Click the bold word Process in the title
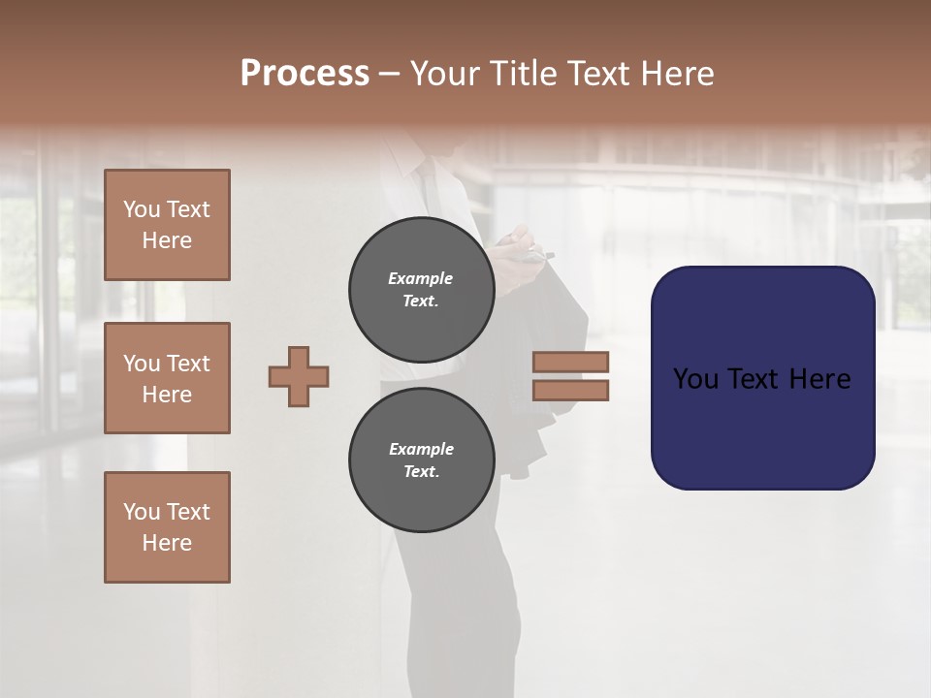pyautogui.click(x=305, y=74)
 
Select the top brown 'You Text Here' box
pyautogui.click(x=167, y=225)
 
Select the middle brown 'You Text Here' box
pyautogui.click(x=167, y=378)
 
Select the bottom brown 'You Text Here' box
pyautogui.click(x=167, y=527)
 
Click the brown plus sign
pyautogui.click(x=299, y=376)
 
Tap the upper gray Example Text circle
pyautogui.click(x=421, y=289)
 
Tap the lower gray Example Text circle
pyautogui.click(x=421, y=460)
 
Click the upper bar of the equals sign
pyautogui.click(x=570, y=362)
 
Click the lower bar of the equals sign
pyautogui.click(x=570, y=390)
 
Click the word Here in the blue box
pyautogui.click(x=819, y=379)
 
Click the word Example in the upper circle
pyautogui.click(x=421, y=278)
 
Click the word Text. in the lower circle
pyautogui.click(x=421, y=471)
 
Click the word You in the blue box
pyautogui.click(x=694, y=379)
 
